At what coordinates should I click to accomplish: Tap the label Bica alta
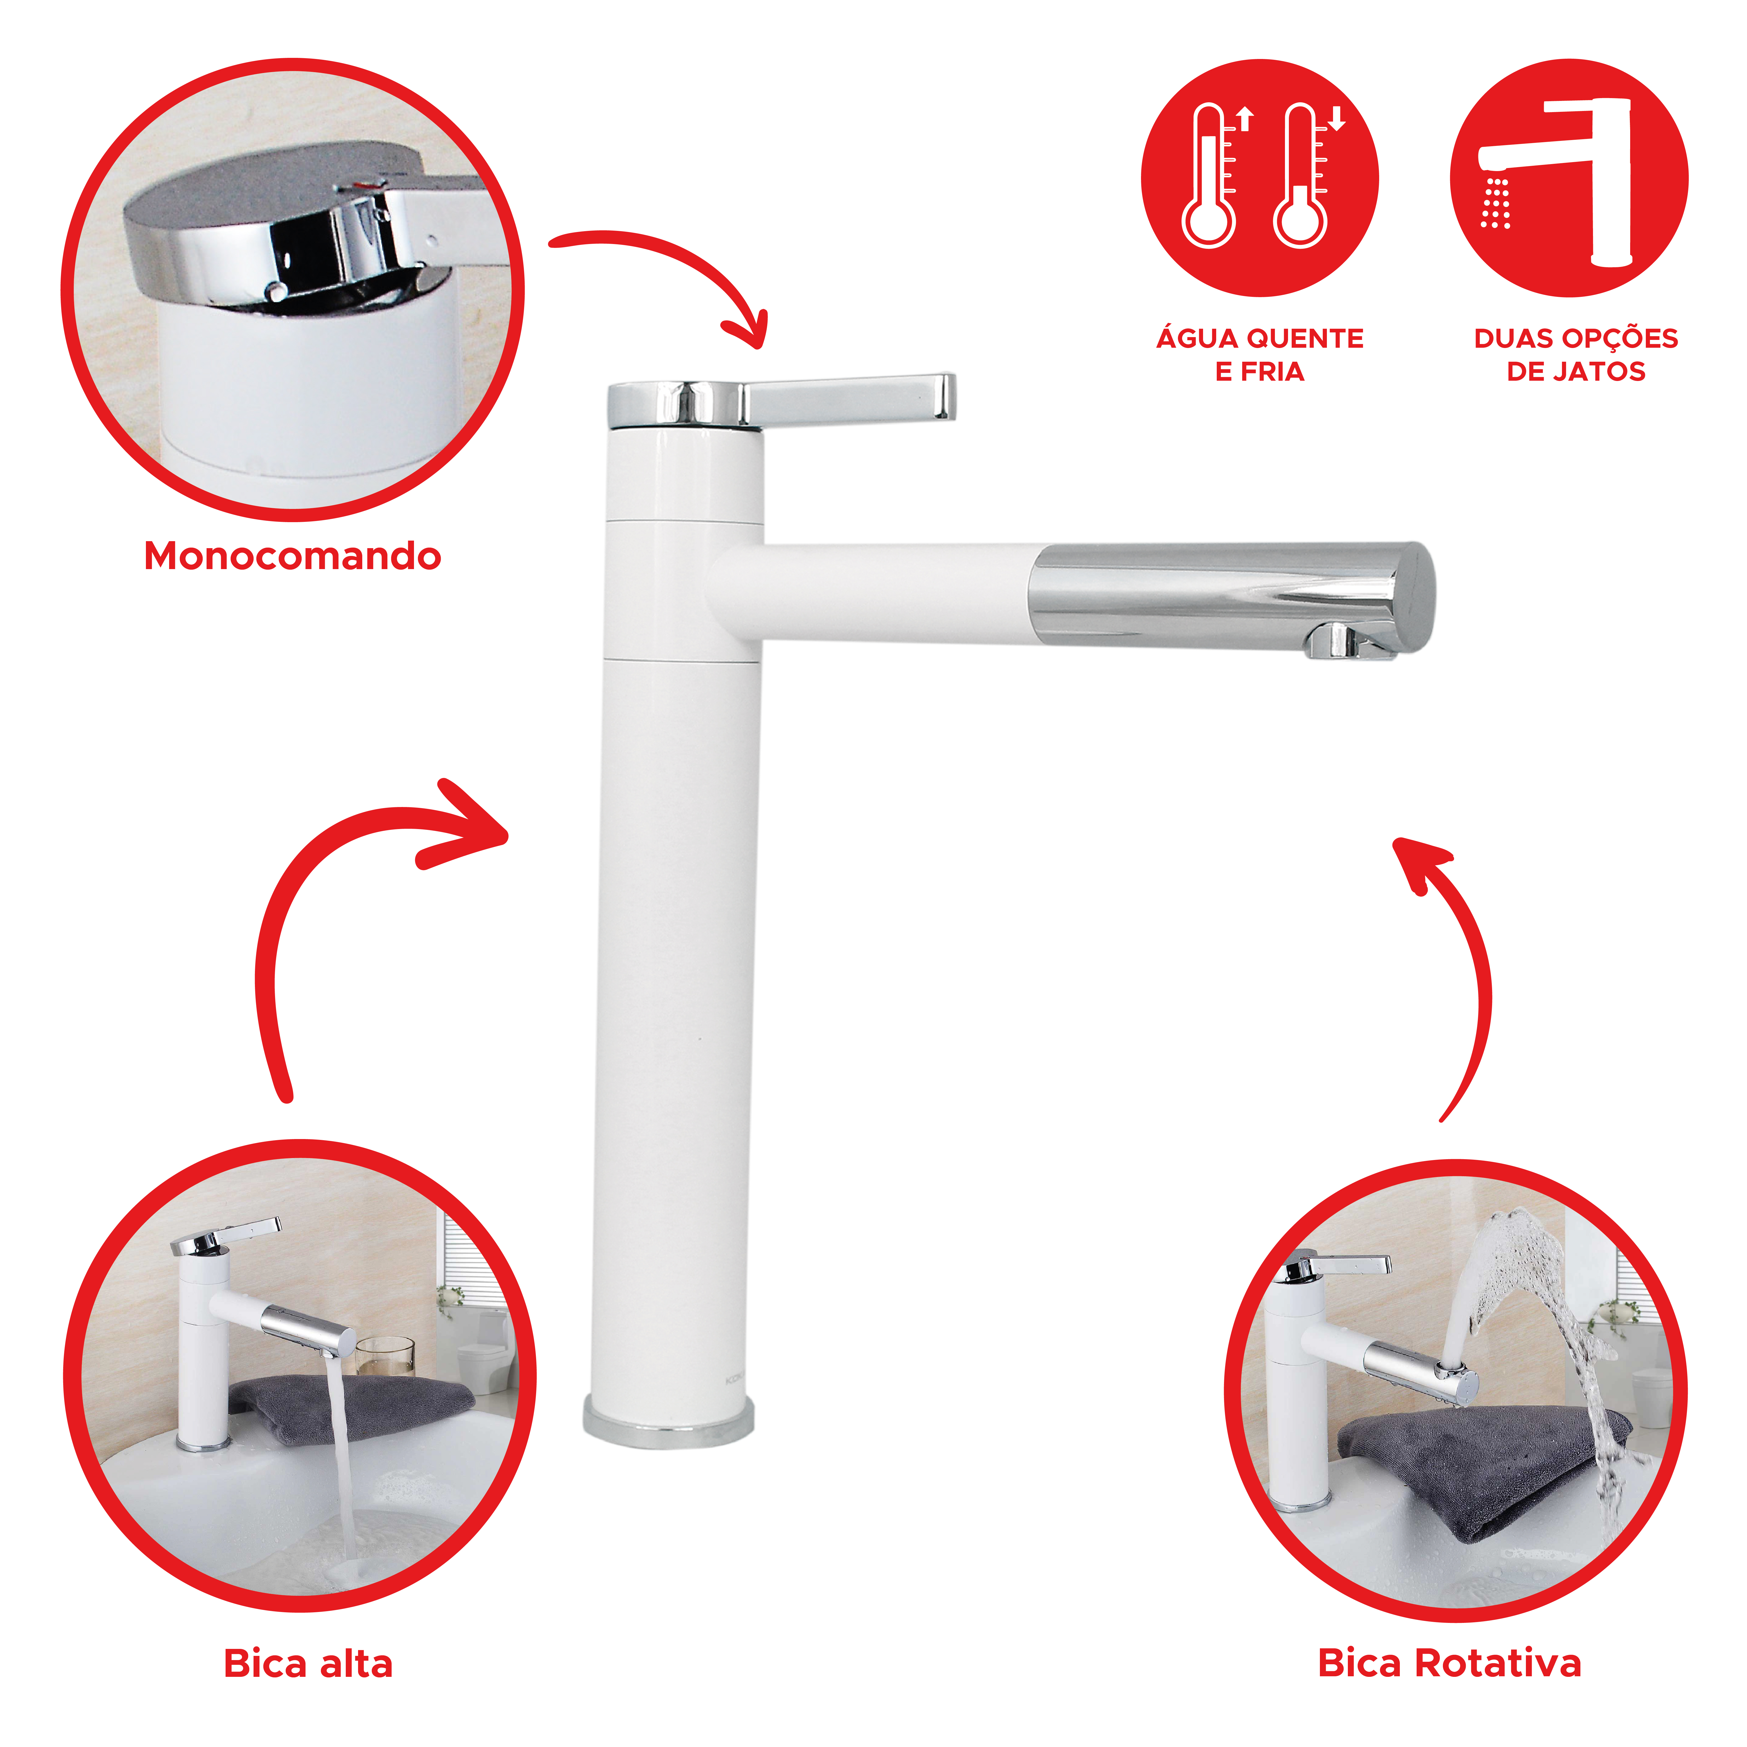click(308, 1664)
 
